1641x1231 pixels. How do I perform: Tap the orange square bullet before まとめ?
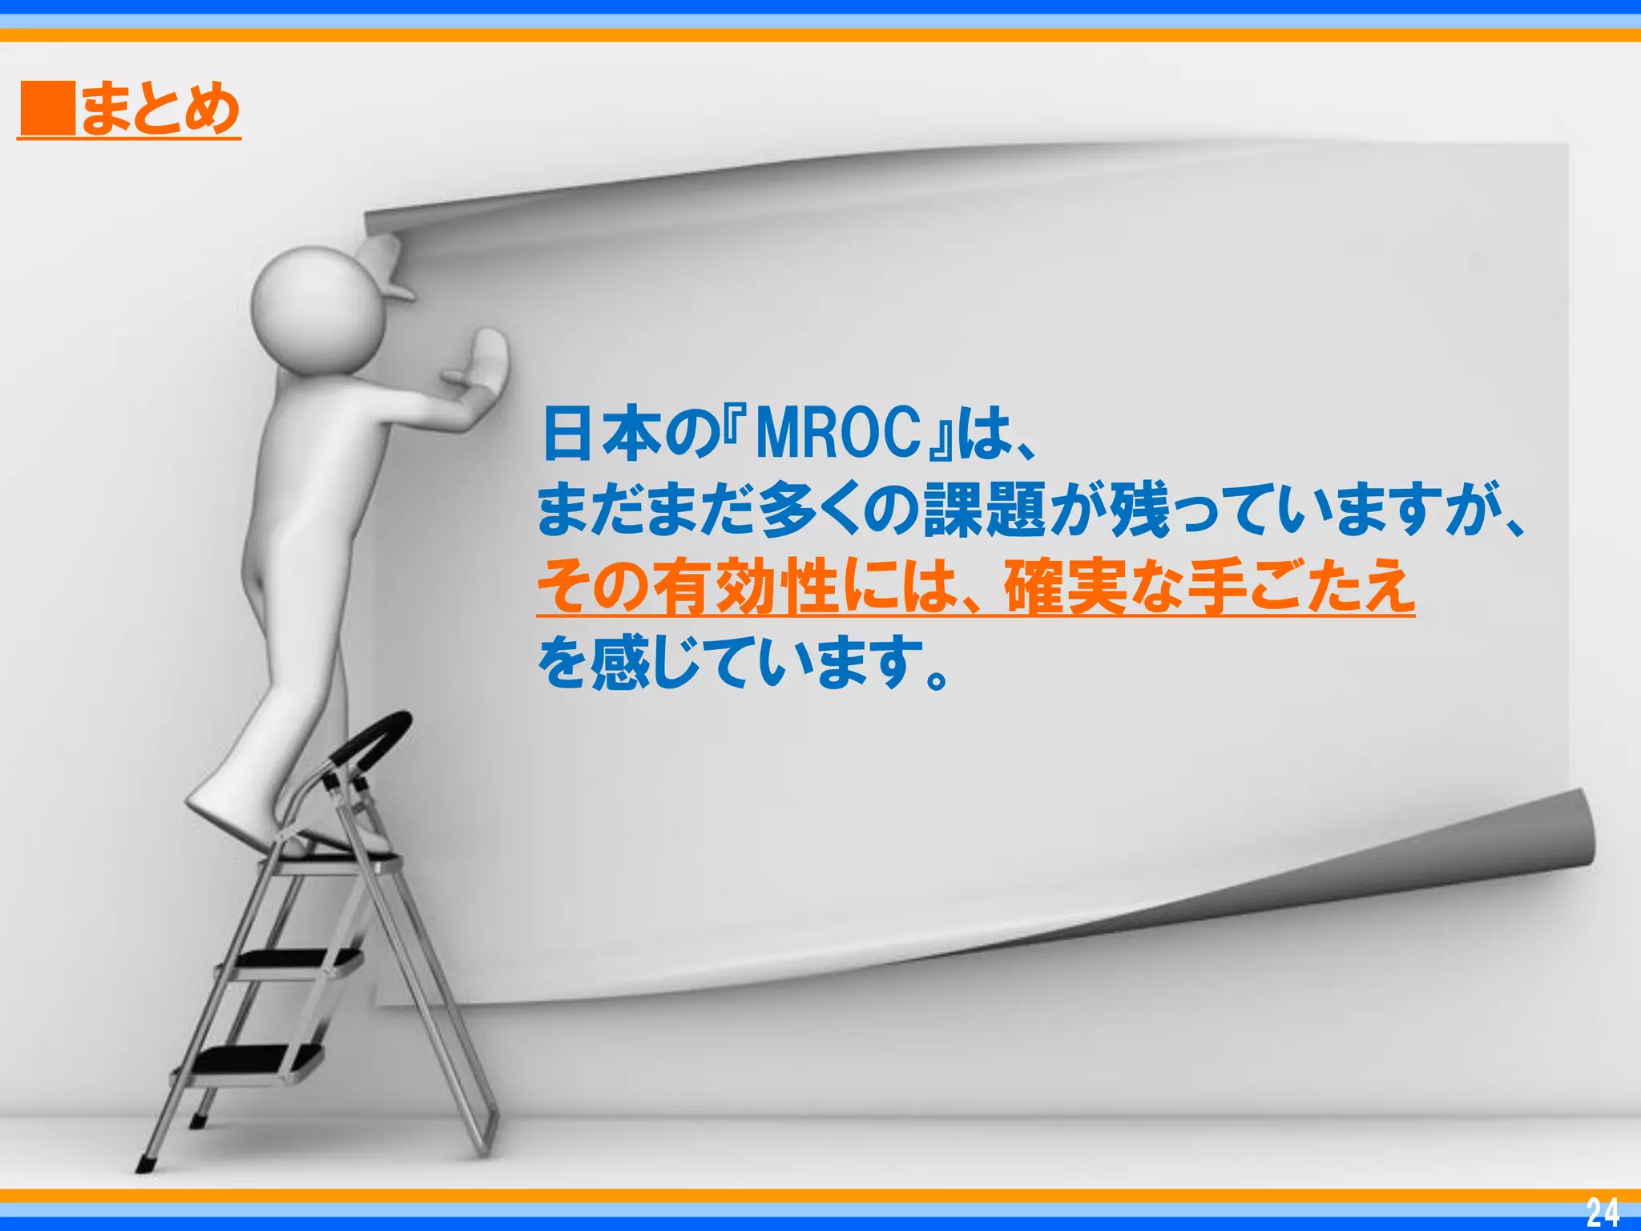click(x=46, y=109)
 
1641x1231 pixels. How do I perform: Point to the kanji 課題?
click(x=985, y=511)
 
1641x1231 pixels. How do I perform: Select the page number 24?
click(x=1603, y=1213)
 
